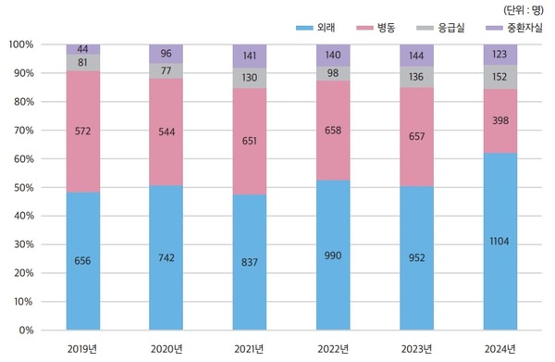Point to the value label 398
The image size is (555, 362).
point(500,119)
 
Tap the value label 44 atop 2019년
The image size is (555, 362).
point(83,49)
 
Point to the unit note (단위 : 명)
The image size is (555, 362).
point(523,9)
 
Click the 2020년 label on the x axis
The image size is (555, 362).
point(166,348)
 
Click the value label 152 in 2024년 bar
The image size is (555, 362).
point(500,78)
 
